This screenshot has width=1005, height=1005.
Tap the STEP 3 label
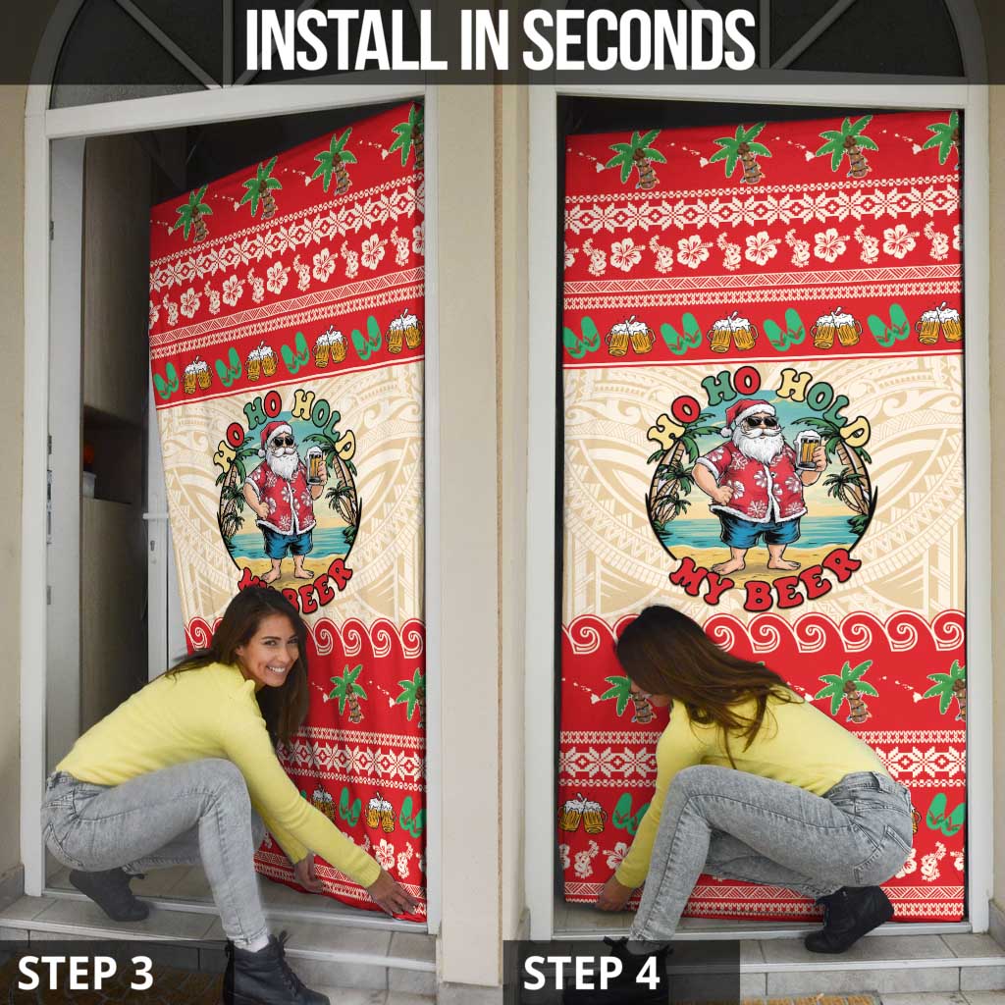(85, 972)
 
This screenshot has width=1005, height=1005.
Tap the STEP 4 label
(591, 972)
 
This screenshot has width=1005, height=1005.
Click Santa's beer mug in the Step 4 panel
(808, 450)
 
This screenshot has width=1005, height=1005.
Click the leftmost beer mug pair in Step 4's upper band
(629, 338)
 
